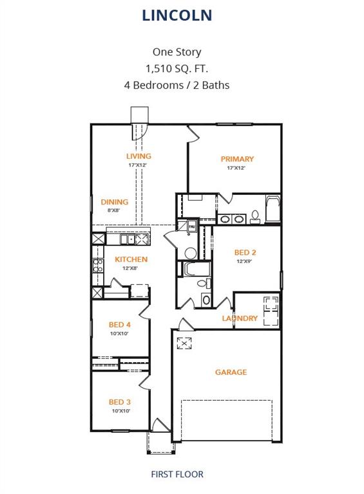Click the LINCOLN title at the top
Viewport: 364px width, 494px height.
point(177,15)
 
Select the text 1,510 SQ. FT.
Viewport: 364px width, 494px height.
point(177,68)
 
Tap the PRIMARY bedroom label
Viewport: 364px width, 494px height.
point(237,159)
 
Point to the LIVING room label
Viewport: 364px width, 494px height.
point(139,156)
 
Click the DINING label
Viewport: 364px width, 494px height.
point(115,202)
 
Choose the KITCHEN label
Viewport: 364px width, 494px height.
point(131,259)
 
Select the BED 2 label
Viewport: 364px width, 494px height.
point(245,253)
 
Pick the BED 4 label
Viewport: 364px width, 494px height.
point(120,325)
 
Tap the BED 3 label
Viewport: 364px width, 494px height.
point(120,402)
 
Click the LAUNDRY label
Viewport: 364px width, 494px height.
point(240,318)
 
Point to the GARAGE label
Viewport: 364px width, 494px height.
point(231,372)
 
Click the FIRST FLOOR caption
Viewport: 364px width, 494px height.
point(177,474)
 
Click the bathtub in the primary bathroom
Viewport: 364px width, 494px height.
point(273,208)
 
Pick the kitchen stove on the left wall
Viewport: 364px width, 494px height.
point(98,266)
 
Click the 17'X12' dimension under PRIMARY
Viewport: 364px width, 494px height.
point(236,168)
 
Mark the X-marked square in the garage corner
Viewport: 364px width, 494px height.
point(185,343)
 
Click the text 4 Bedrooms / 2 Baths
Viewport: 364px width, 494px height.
point(177,85)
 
